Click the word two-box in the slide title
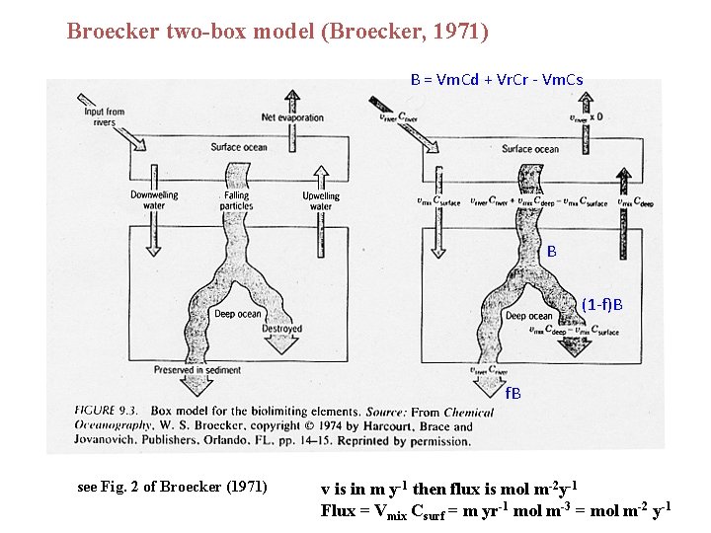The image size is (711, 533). (207, 31)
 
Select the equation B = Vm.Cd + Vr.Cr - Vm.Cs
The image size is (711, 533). (496, 79)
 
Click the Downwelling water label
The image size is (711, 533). (154, 200)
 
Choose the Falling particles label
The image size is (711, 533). (237, 200)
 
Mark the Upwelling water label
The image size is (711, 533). (320, 200)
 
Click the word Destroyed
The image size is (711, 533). (281, 329)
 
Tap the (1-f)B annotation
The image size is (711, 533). (601, 303)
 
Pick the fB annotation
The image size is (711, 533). (513, 392)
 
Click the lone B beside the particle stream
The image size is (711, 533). (551, 252)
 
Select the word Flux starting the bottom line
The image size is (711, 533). (337, 510)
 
